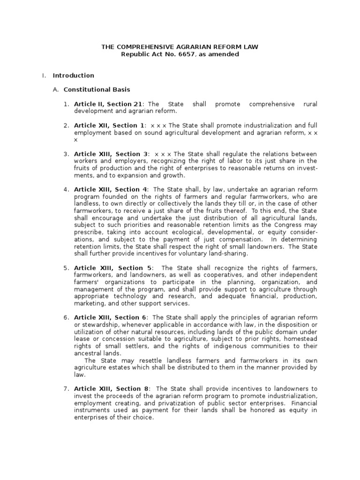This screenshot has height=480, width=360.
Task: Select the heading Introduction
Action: click(74, 75)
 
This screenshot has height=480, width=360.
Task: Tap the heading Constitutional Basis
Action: click(97, 90)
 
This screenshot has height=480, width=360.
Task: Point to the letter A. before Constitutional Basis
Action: click(56, 90)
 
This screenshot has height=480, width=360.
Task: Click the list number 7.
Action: click(67, 389)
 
